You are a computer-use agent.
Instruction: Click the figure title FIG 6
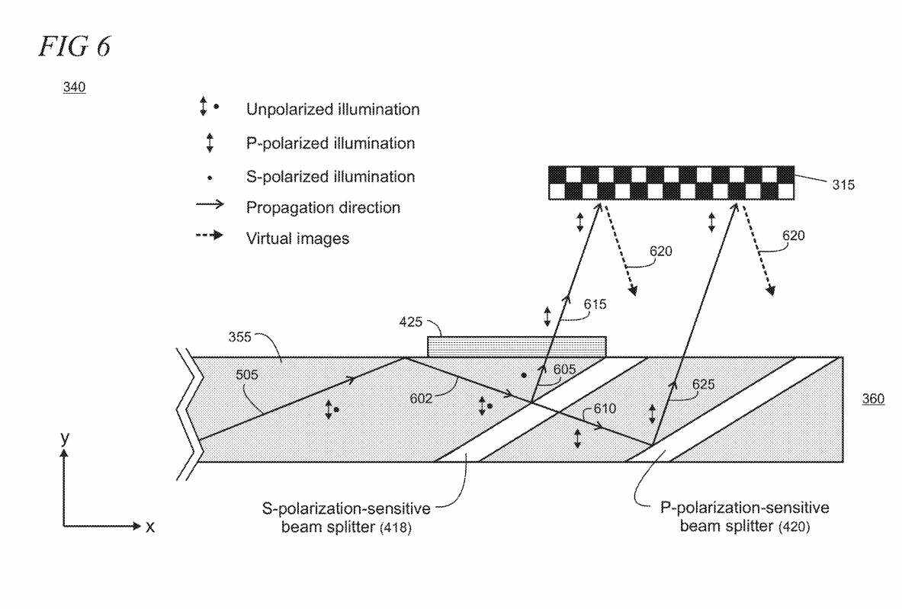74,46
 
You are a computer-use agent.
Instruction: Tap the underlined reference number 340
74,87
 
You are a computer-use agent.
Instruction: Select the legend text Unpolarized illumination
332,109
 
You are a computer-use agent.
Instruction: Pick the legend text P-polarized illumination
330,143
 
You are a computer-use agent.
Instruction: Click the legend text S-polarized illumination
330,177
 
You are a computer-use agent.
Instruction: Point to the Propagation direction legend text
323,207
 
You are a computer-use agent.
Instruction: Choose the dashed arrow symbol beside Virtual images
210,236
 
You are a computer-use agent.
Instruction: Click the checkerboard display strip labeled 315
671,183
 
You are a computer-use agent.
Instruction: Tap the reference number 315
843,184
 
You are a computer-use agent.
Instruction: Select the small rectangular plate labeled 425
517,347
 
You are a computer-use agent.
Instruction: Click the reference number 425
410,322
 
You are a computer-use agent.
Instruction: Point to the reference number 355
239,337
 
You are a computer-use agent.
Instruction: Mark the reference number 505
247,375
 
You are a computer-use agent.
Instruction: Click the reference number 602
421,398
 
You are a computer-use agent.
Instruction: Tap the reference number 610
605,409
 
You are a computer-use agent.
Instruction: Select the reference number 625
703,384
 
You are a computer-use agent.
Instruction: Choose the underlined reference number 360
873,399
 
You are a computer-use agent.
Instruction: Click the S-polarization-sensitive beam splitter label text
346,518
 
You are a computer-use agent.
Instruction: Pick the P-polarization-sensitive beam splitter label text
744,517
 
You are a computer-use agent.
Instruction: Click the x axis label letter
150,526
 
